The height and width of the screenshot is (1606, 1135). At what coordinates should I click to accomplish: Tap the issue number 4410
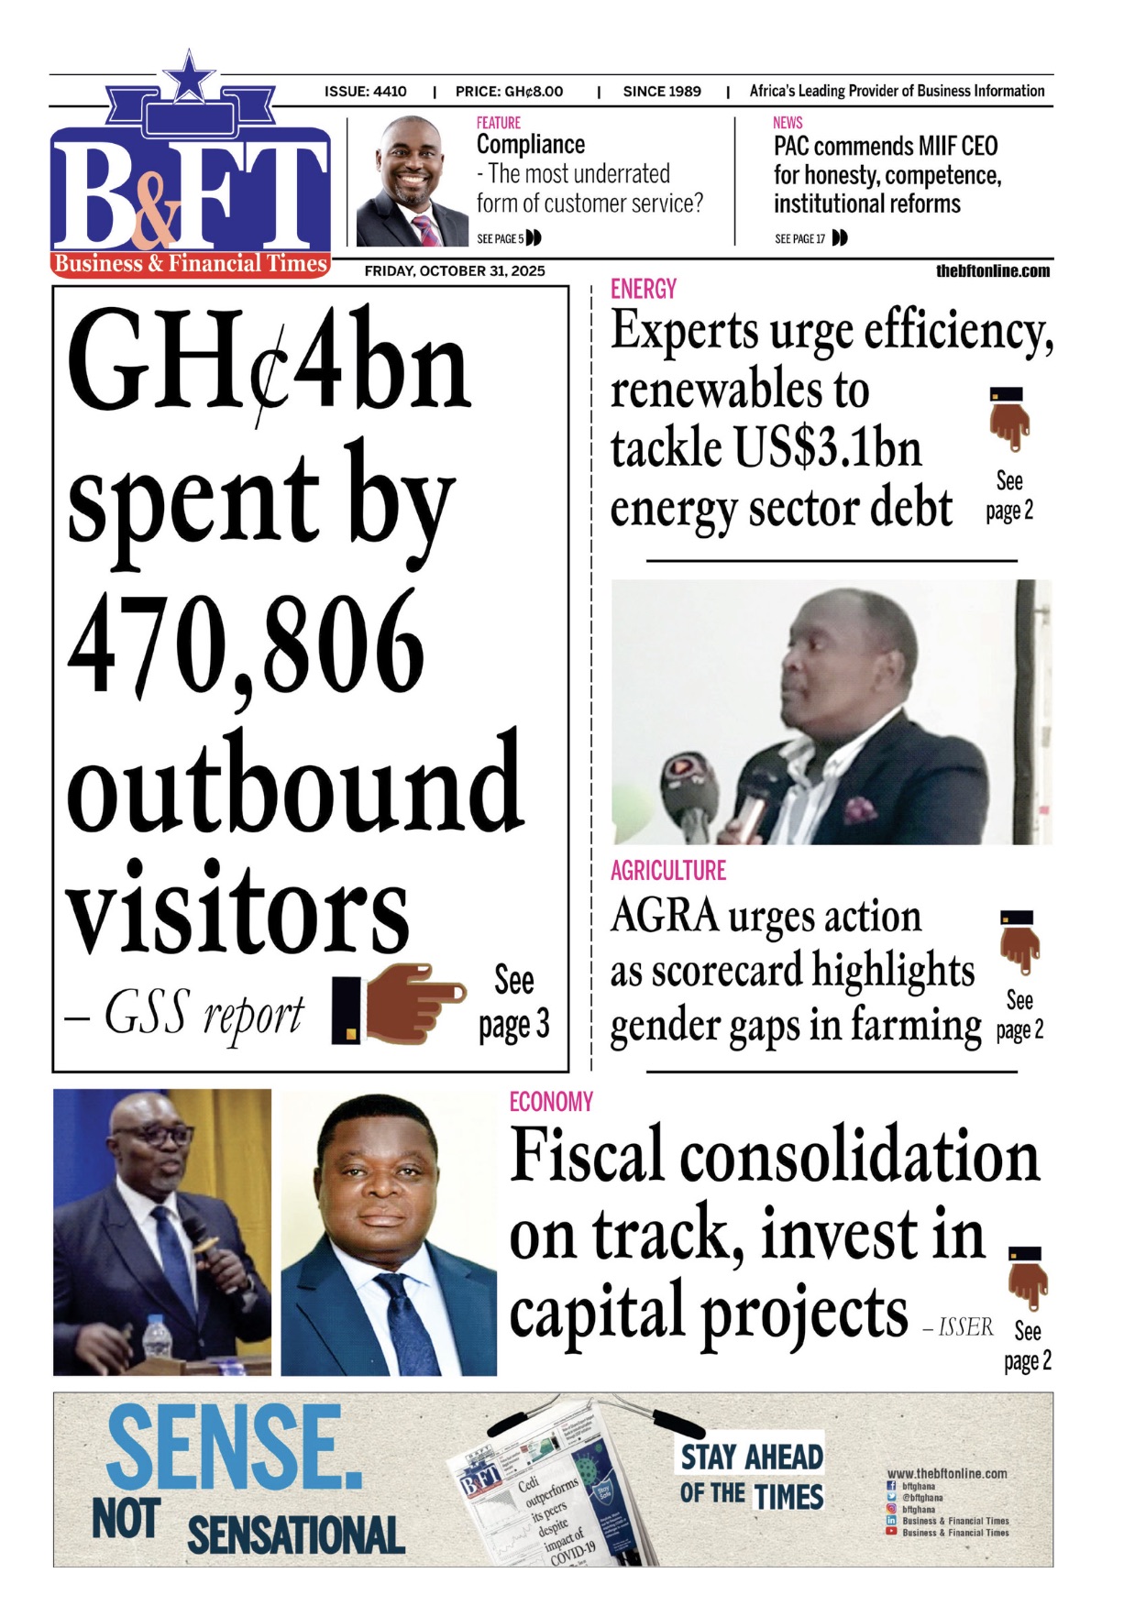(391, 92)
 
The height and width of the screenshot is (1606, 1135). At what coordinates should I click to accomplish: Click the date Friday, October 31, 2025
(455, 271)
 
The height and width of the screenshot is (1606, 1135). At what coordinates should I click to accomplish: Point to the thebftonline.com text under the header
(993, 271)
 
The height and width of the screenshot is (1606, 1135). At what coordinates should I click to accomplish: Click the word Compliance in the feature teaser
(530, 145)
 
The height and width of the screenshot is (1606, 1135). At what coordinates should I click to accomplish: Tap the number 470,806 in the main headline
(246, 644)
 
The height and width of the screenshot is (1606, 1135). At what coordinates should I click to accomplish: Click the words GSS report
(204, 1015)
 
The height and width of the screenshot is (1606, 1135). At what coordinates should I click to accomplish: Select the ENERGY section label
(643, 290)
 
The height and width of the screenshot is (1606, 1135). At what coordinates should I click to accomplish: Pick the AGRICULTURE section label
(667, 871)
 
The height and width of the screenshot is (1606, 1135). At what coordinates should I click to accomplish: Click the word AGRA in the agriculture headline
(664, 917)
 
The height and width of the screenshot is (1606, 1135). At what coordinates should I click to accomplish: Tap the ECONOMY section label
(551, 1102)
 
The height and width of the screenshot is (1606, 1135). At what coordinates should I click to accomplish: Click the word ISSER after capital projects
(965, 1327)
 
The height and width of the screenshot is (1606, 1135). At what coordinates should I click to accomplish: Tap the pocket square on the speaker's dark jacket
(860, 808)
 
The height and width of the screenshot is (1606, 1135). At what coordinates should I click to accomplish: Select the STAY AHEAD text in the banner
(751, 1457)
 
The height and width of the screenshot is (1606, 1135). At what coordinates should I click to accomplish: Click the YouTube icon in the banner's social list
(890, 1532)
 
